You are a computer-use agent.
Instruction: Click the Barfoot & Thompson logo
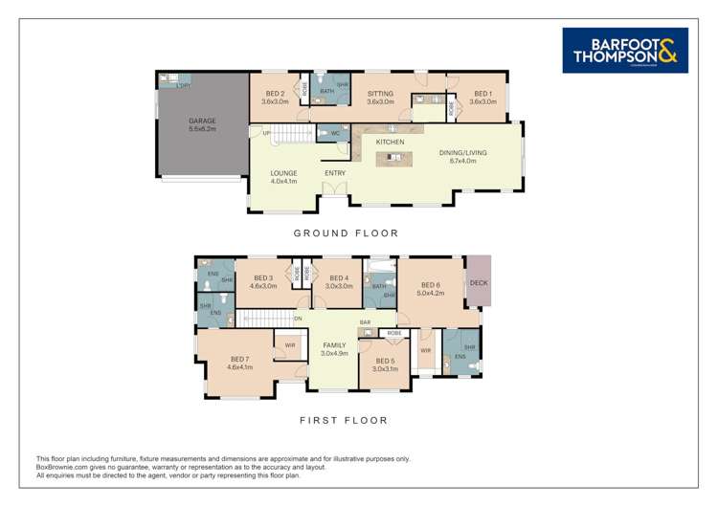click(624, 51)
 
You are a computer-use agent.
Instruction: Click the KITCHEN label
click(390, 142)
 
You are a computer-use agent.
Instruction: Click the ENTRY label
click(335, 173)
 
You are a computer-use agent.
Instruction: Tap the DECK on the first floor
click(479, 282)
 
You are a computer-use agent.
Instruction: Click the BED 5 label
click(385, 361)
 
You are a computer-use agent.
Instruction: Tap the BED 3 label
click(262, 278)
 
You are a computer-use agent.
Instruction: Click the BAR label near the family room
click(365, 322)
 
